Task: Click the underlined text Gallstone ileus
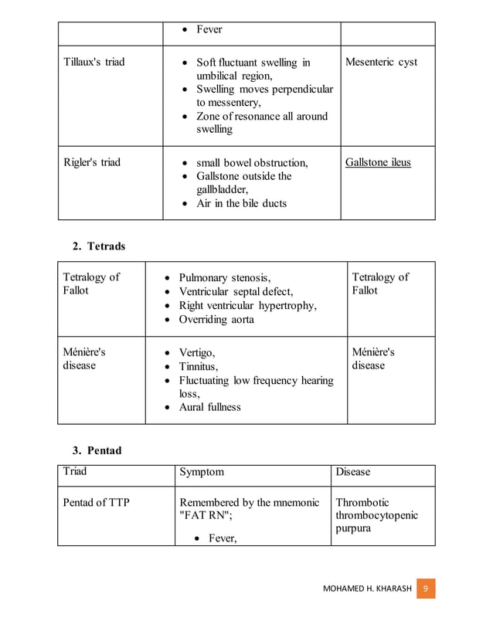tap(378, 163)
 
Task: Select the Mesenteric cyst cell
tap(381, 62)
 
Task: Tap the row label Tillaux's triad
tap(93, 62)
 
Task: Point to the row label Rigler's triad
tap(91, 163)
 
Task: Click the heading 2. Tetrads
tap(98, 246)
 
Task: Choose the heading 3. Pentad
tap(97, 450)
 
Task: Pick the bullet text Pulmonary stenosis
tap(224, 278)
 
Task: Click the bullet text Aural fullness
tap(209, 407)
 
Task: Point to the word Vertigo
tap(199, 352)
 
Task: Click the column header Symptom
tap(202, 472)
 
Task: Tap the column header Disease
tap(353, 472)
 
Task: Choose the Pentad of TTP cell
tap(97, 503)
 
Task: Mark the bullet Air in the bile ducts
tap(241, 204)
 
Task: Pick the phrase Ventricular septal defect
tap(236, 292)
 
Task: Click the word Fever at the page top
tap(209, 29)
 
